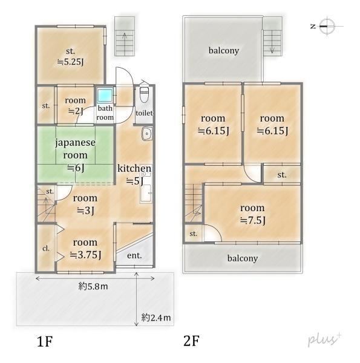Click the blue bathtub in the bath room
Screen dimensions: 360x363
pos(105,96)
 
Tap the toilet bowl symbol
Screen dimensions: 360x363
pos(144,95)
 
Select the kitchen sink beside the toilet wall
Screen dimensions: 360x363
pos(147,134)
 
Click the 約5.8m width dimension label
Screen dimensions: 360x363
pos(93,287)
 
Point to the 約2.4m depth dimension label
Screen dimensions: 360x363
pos(156,318)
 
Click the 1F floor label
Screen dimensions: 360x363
pos(45,341)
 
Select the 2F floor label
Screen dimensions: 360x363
pos(191,341)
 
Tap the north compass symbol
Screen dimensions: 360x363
pos(327,26)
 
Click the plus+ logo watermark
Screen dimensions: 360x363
pos(324,339)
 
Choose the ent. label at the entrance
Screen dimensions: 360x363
pos(134,255)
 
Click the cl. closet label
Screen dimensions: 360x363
pos(46,249)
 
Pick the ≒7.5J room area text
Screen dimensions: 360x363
pos(253,220)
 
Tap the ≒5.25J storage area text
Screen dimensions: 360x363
pos(71,62)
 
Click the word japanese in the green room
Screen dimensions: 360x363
pos(75,143)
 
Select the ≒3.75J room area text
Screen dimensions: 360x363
pos(85,255)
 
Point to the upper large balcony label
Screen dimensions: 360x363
pos(224,50)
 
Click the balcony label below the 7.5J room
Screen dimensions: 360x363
pos(243,258)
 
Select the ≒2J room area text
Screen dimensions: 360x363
pos(76,111)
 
